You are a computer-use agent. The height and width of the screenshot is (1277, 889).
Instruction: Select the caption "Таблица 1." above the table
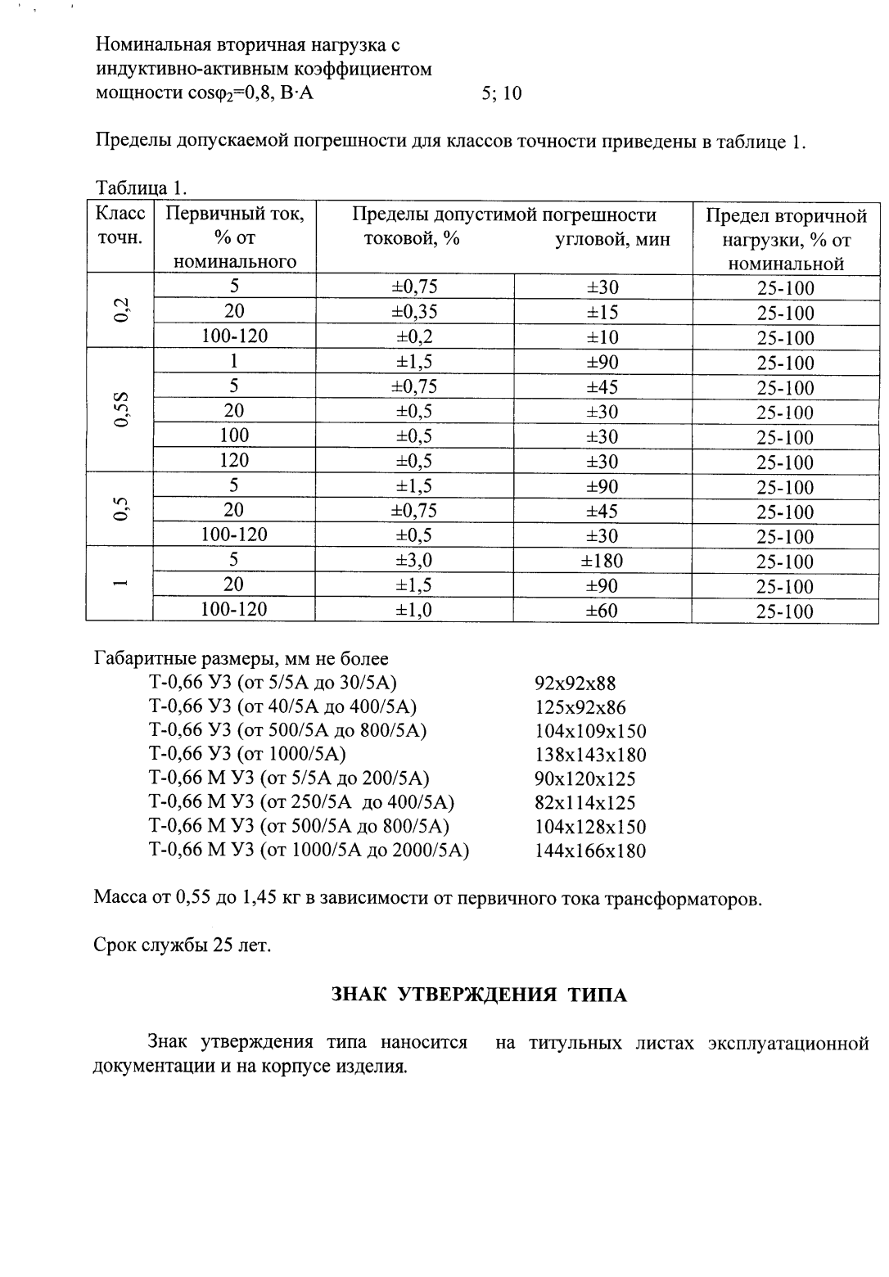pos(141,187)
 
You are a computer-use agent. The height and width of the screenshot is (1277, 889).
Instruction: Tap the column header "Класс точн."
pos(120,227)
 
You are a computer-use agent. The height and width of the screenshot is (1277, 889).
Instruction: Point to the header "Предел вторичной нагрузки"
pos(785,239)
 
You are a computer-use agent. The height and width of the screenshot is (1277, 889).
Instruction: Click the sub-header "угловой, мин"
pos(612,239)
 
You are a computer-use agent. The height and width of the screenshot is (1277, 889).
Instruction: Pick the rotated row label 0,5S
pos(120,410)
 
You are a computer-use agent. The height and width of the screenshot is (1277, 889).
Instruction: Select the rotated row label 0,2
pos(120,311)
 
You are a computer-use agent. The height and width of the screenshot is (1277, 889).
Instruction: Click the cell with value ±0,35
pos(414,312)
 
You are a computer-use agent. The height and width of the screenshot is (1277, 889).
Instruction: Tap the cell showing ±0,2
pos(414,337)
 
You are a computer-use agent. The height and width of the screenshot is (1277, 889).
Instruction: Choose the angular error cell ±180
pos(602,561)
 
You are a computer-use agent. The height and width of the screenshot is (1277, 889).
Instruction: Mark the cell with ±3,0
pos(414,561)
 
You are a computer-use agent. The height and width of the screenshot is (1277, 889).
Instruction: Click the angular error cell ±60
pos(602,611)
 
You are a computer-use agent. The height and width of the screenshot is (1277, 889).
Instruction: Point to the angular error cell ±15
pos(602,312)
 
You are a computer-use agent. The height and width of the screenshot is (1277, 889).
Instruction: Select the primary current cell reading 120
pos(234,461)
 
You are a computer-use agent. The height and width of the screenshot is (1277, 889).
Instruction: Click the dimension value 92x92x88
pos(575,684)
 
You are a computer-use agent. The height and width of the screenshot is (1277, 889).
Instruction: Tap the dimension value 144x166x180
pos(590,851)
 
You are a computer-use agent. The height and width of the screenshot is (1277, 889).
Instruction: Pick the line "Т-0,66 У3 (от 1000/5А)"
pos(247,754)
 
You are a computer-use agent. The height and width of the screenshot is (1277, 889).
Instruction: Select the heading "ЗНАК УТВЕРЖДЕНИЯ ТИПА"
pos(479,995)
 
